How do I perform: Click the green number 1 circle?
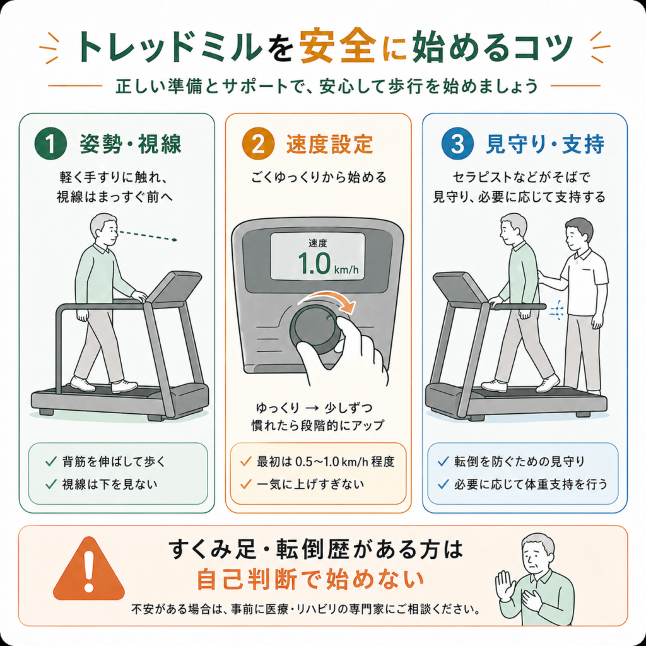coord(50,144)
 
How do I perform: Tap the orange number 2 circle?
coord(258,144)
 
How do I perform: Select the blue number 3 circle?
coord(457,144)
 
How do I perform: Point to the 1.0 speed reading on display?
coord(314,264)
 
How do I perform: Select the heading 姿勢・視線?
coord(131,144)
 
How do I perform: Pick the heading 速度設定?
coord(329,144)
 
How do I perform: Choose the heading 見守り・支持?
coord(545,144)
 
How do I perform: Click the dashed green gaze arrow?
coord(148,235)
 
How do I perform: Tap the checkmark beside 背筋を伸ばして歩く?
coord(50,461)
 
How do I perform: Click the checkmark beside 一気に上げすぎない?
coord(246,484)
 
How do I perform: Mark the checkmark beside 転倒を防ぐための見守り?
coord(443,461)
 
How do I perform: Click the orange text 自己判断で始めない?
coord(310,579)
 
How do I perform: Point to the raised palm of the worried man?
coord(504,584)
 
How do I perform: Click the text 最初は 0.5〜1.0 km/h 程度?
coord(326,461)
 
